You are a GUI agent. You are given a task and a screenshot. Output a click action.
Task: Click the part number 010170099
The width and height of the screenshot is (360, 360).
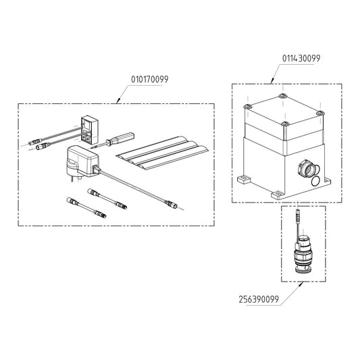pos(150,80)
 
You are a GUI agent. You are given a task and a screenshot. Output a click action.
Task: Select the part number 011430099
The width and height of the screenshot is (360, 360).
pos(301,58)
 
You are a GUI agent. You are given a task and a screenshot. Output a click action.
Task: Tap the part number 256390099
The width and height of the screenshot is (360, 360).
pos(259,299)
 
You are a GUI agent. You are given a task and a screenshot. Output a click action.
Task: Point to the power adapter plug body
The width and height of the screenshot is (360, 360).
pos(82,161)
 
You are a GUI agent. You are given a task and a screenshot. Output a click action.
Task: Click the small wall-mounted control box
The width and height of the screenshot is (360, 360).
pos(90,130)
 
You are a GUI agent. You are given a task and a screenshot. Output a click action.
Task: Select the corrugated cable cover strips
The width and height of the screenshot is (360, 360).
pos(162,153)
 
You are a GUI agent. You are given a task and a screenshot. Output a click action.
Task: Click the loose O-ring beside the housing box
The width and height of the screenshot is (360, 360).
pos(315,181)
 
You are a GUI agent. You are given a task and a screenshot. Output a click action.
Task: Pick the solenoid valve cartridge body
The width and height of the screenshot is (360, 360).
pos(303,255)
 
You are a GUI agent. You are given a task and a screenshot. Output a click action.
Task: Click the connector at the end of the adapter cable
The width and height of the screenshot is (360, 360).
pos(172,204)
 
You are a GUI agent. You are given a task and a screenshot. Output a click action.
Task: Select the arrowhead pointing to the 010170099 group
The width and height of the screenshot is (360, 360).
pos(119,101)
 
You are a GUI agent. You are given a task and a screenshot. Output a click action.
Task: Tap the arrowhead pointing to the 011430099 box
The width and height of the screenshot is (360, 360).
pos(273,81)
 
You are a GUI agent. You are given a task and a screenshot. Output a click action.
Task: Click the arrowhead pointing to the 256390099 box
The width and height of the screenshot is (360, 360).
pos(301,284)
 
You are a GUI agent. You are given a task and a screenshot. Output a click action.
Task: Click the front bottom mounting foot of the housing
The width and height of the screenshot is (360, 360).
pos(278,195)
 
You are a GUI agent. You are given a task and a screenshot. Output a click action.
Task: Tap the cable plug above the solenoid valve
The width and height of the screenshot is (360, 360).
pos(298,214)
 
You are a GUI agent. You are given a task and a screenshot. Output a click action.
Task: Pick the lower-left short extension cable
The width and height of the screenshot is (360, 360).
pos(86,207)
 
